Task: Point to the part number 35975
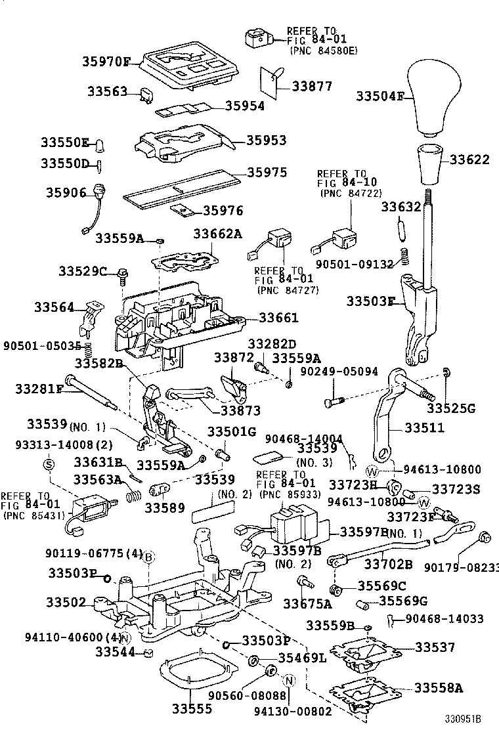[267, 173]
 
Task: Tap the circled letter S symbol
[47, 463]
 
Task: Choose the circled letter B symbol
[149, 557]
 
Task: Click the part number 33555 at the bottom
[192, 709]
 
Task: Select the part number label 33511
[424, 427]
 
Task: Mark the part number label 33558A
[438, 688]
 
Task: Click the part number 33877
[312, 86]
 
